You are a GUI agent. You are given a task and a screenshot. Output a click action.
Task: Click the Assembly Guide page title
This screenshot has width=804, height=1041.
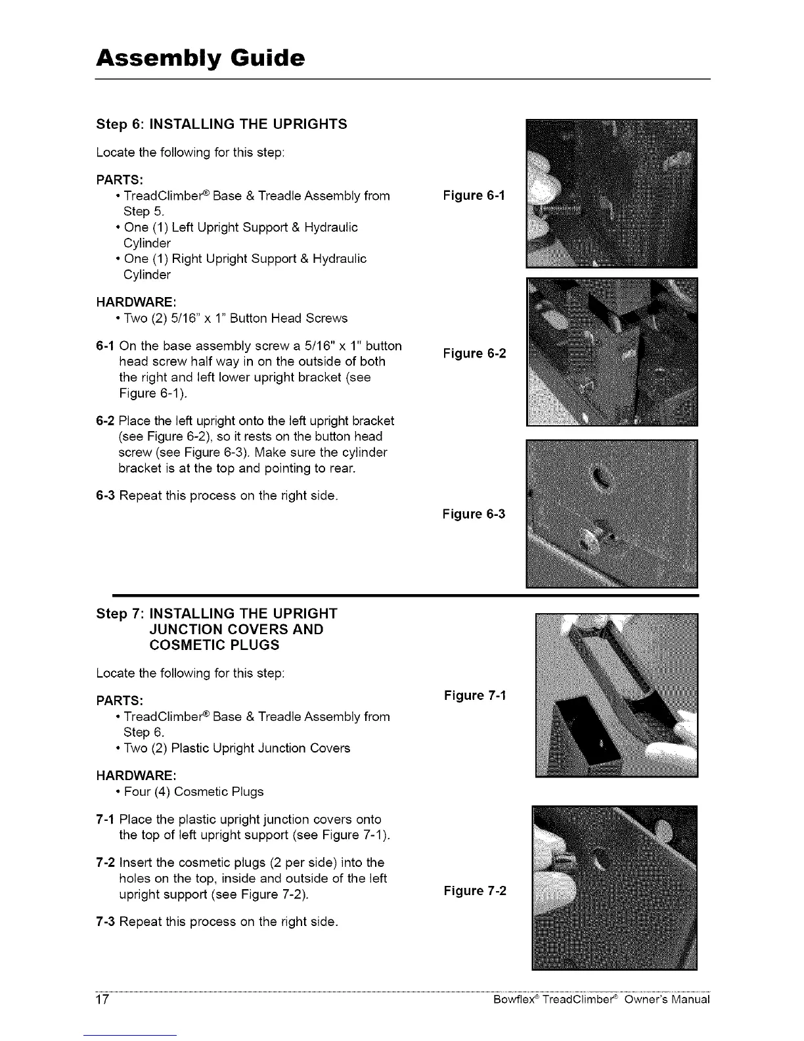click(200, 58)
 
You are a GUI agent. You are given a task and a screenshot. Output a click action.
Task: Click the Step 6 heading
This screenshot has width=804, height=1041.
click(221, 124)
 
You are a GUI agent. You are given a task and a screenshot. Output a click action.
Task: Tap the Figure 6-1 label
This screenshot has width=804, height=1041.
click(474, 195)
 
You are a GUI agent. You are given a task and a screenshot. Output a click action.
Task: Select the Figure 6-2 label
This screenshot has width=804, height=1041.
click(474, 354)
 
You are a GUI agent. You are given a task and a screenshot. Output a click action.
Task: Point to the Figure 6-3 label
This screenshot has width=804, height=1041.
click(474, 514)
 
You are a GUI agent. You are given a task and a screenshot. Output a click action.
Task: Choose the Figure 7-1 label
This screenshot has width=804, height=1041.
click(474, 695)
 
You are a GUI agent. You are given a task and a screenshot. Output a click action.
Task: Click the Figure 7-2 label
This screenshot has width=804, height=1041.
click(474, 891)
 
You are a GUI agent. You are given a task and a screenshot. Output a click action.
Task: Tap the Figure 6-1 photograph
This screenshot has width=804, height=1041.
click(612, 193)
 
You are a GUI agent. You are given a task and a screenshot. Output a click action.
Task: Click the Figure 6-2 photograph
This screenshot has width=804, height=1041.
click(612, 352)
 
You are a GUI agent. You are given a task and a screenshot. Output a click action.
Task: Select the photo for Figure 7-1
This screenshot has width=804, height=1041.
click(617, 695)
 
